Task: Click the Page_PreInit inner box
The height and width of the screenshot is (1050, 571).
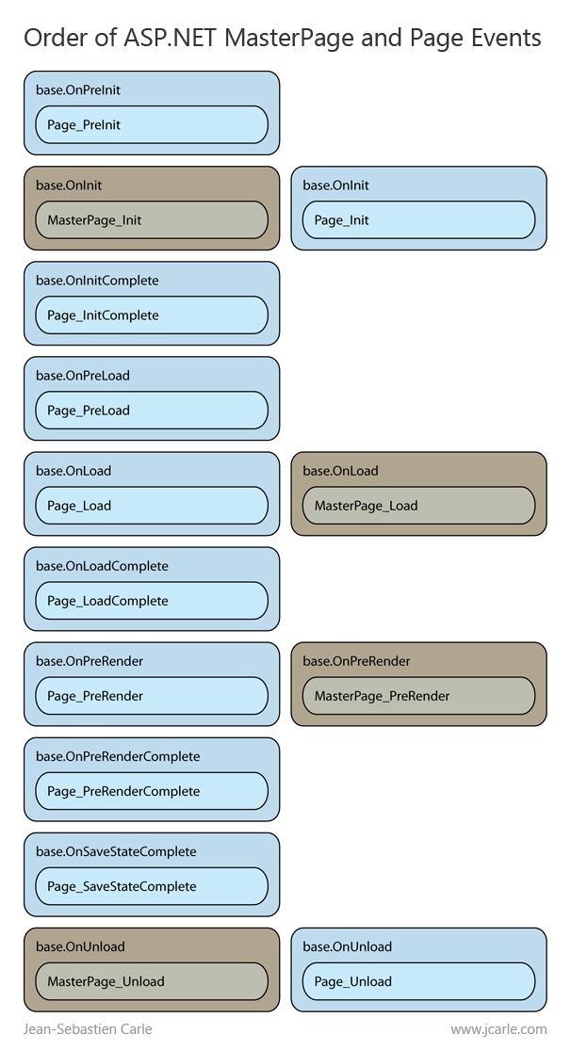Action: [152, 124]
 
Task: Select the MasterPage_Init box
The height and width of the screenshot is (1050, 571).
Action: [152, 219]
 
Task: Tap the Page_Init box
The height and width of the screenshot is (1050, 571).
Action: [418, 219]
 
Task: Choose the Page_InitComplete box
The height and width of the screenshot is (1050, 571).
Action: [152, 315]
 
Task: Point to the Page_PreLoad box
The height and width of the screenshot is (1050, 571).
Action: [152, 410]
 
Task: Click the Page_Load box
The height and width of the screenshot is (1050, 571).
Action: [152, 505]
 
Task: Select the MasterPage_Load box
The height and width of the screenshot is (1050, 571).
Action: [418, 505]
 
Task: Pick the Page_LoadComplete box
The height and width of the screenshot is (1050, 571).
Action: [152, 600]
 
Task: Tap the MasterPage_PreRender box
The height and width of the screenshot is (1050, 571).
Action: [418, 695]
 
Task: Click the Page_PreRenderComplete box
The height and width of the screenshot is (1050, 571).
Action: [152, 790]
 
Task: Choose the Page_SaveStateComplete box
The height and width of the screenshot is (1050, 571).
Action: [152, 885]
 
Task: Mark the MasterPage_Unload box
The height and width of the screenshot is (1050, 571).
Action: [152, 980]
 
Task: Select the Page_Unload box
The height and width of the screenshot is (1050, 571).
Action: [418, 980]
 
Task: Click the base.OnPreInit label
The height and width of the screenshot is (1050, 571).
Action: [78, 90]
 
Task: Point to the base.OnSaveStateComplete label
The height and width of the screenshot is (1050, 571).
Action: [116, 851]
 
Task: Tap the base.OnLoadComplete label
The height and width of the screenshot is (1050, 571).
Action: [102, 566]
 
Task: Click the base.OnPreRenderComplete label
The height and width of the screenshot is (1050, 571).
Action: [118, 756]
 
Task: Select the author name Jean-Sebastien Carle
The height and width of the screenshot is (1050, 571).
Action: [88, 1029]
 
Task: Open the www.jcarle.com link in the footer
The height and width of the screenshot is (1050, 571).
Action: [498, 1029]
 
